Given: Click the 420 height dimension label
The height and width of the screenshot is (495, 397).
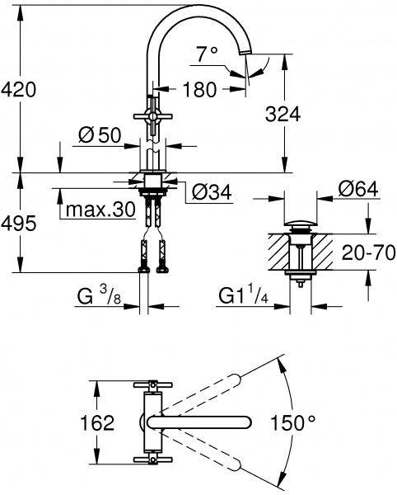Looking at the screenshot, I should [18, 89].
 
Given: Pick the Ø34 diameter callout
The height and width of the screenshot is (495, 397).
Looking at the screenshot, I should [210, 194].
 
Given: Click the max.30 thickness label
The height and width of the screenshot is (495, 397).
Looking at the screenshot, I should [100, 210].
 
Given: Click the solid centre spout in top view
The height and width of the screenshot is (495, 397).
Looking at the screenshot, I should [206, 422].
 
